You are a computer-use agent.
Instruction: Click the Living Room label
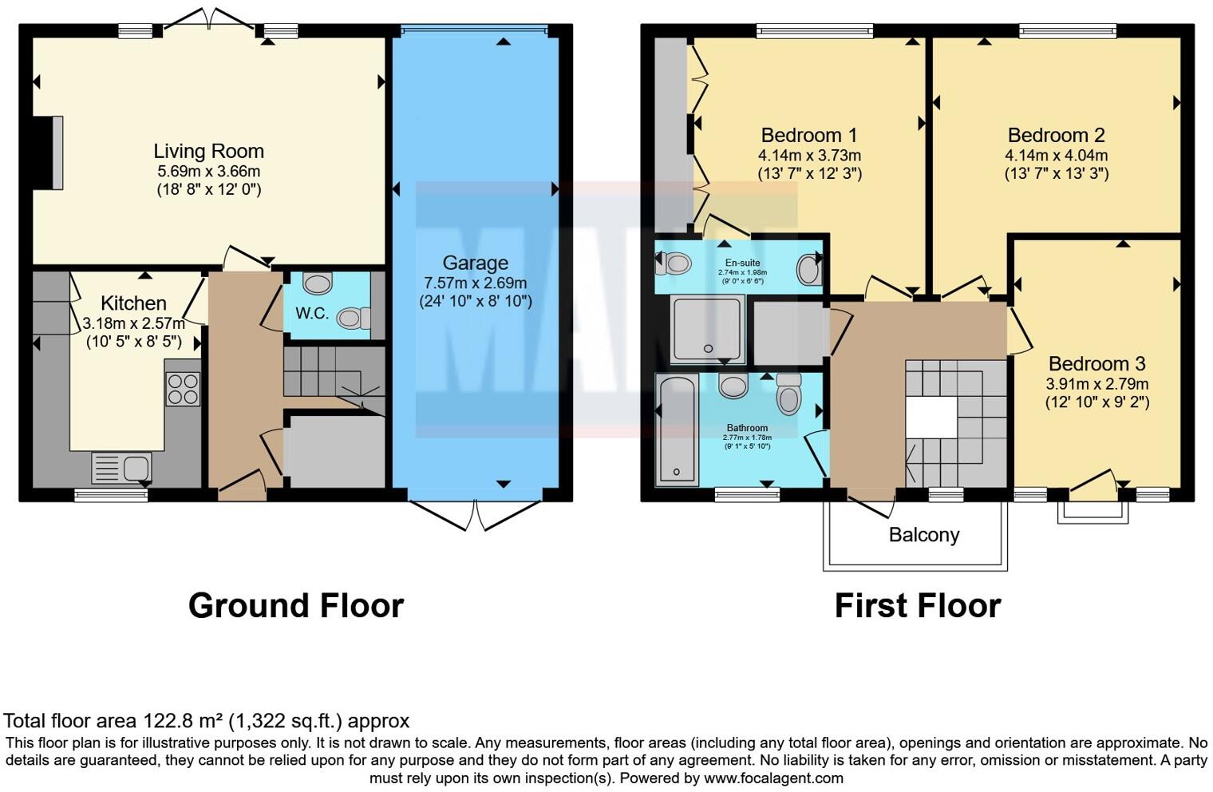coord(208,151)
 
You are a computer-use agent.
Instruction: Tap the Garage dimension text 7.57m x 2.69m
coord(475,283)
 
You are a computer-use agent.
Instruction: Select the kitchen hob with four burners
coord(182,389)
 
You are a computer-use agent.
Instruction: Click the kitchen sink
coord(121,468)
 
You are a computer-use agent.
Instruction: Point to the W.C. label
coord(312,313)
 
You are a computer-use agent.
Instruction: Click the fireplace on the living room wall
coord(49,152)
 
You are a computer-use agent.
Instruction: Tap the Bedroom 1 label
coord(809,135)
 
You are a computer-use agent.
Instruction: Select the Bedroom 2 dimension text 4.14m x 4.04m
coord(1056,156)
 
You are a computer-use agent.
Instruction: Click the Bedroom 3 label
coord(1096,364)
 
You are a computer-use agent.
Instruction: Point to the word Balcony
coord(924,535)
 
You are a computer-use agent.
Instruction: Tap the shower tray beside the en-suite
coord(707,328)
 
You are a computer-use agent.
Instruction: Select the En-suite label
coord(742,263)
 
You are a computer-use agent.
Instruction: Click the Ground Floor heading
coord(295,606)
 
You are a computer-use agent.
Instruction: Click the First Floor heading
coord(917,606)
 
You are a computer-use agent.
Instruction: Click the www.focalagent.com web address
coord(772,778)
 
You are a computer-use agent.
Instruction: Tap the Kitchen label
coord(133,303)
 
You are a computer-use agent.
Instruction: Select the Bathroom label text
coord(747,428)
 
